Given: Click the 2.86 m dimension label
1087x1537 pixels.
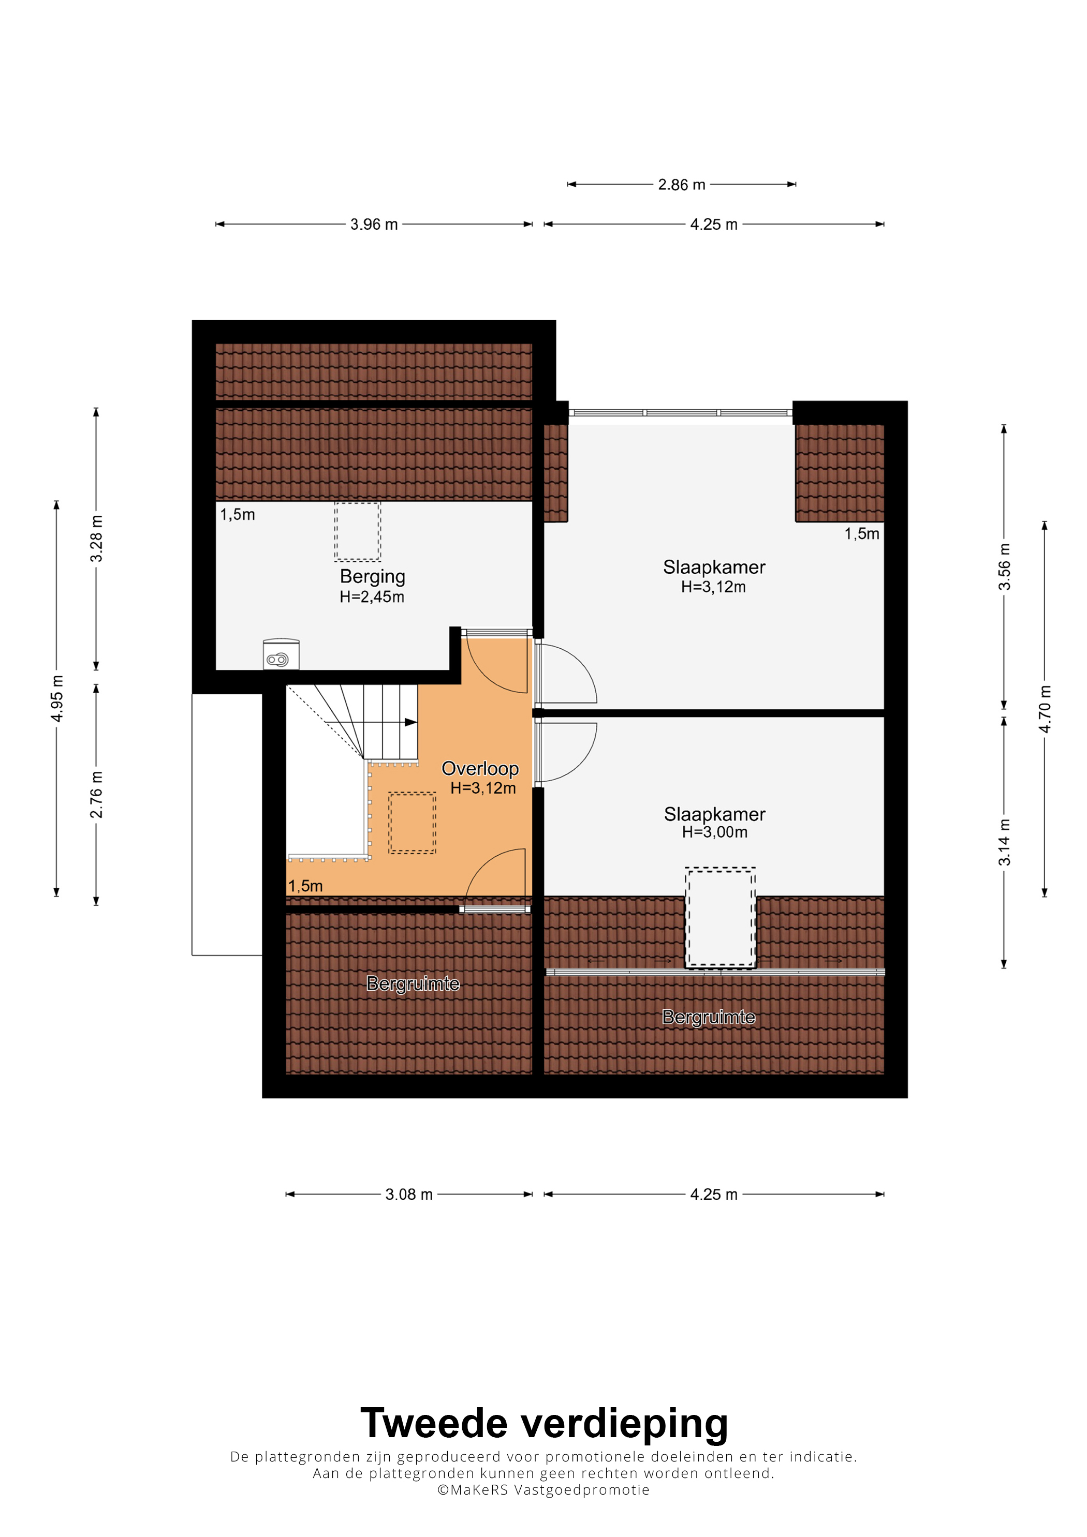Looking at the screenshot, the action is [x=681, y=185].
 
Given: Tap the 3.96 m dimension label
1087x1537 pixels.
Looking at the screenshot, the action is [x=374, y=224].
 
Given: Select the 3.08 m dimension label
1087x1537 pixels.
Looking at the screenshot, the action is [x=408, y=1194].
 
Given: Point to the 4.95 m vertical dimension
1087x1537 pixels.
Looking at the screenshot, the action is [x=57, y=698].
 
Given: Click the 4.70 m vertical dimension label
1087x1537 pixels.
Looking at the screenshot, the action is [x=1045, y=708].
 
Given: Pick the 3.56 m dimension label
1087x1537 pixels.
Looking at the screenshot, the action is [x=1004, y=566].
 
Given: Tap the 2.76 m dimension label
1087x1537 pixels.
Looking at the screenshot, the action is [x=96, y=794].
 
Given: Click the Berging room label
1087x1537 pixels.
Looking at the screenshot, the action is [x=372, y=576].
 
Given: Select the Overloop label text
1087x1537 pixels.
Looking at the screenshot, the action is [x=480, y=769].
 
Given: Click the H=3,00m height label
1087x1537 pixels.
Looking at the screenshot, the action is [x=715, y=832].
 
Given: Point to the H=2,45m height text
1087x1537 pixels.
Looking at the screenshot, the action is [x=372, y=596].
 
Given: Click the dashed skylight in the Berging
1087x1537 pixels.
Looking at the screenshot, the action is [x=358, y=531].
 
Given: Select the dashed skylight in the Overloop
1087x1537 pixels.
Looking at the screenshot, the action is [x=412, y=823].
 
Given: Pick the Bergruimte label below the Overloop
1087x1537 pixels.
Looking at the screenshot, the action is [x=413, y=983].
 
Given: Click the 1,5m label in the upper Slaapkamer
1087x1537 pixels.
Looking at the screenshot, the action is [x=861, y=533].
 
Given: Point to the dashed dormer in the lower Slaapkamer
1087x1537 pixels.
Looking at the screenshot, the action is [x=720, y=918].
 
